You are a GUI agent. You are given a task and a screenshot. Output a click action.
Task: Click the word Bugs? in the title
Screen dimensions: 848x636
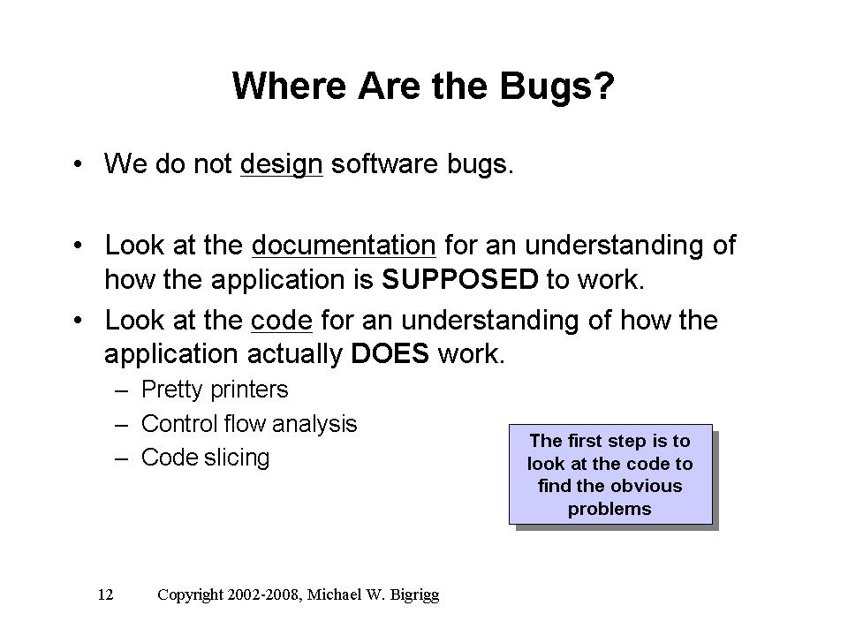click(556, 87)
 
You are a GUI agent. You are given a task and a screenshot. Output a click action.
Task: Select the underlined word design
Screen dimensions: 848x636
click(281, 165)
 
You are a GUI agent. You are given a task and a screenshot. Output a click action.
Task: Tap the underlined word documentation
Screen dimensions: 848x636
click(344, 245)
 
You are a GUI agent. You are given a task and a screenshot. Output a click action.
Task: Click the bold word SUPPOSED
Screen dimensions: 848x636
click(459, 280)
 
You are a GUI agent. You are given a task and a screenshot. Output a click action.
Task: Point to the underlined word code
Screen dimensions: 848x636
click(282, 320)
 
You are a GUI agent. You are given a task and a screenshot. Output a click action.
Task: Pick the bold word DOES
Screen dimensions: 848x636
click(390, 354)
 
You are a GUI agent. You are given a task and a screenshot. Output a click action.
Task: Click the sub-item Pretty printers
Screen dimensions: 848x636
click(215, 390)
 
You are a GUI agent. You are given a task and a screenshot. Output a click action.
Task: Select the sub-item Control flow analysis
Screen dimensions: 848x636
click(249, 424)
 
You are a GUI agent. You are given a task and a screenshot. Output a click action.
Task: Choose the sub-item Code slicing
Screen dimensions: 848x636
click(205, 458)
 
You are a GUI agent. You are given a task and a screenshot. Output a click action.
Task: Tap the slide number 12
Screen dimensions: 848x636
click(105, 594)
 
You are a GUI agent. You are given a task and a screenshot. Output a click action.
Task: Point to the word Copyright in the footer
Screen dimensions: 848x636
click(190, 595)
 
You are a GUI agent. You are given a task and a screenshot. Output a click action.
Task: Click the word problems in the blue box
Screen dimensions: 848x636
click(609, 510)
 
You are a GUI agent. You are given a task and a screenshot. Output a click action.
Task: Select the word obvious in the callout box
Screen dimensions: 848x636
click(647, 486)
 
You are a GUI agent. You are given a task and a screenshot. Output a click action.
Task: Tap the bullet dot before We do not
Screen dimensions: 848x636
click(79, 164)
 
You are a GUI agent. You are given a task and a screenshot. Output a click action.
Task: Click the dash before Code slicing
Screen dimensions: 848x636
click(122, 459)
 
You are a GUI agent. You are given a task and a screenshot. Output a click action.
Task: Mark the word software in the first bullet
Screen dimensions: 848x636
click(384, 164)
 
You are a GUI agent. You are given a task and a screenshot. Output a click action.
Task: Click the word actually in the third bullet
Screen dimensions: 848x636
click(294, 355)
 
